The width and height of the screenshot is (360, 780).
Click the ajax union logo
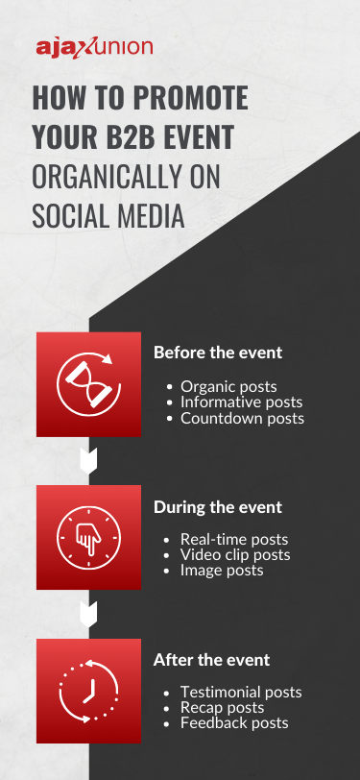pyautogui.click(x=93, y=48)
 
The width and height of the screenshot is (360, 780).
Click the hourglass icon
pyautogui.click(x=87, y=382)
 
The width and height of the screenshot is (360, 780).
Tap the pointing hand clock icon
pyautogui.click(x=87, y=537)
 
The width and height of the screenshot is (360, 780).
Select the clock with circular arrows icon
pyautogui.click(x=87, y=690)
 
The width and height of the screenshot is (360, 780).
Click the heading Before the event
pyautogui.click(x=218, y=353)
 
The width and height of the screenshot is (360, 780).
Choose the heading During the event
pyautogui.click(x=218, y=506)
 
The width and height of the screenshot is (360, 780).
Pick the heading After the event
pyautogui.click(x=211, y=660)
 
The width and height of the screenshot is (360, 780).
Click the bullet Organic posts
pyautogui.click(x=228, y=387)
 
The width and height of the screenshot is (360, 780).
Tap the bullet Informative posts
pyautogui.click(x=241, y=402)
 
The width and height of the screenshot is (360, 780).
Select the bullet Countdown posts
pyautogui.click(x=242, y=418)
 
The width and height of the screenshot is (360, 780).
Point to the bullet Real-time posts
pyautogui.click(x=233, y=540)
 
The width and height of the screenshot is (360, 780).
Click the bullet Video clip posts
pyautogui.click(x=235, y=555)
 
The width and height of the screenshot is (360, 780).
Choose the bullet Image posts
pyautogui.click(x=221, y=571)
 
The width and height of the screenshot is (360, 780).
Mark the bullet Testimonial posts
pyautogui.click(x=241, y=693)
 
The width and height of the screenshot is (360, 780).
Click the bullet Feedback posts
pyautogui.click(x=234, y=723)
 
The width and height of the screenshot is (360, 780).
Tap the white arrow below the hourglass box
pyautogui.click(x=87, y=461)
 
